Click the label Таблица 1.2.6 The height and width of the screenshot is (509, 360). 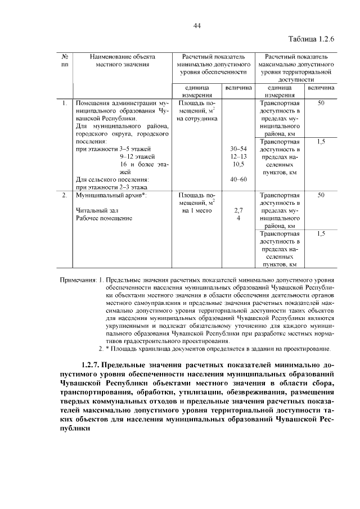(311, 40)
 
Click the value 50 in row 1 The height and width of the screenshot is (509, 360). (321, 103)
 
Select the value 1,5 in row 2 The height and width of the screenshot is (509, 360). (321, 233)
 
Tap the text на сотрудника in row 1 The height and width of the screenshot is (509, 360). (196, 119)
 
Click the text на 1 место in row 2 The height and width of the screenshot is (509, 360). (196, 210)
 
